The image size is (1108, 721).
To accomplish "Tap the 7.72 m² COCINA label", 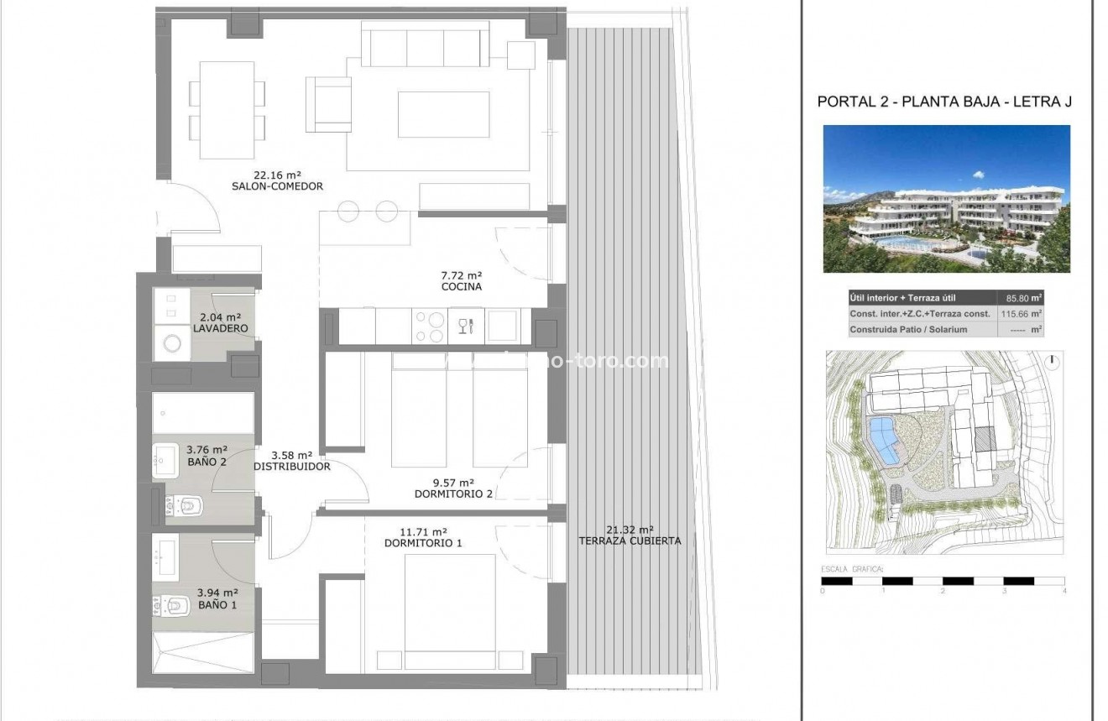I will [461, 281].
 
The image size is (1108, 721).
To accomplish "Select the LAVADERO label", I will [220, 323].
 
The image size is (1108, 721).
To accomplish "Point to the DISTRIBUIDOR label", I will [293, 461].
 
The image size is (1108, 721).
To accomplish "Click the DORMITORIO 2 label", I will [453, 489].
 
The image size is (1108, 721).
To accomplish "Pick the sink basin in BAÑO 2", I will [165, 460].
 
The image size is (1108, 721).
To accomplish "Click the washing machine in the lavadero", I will [175, 343].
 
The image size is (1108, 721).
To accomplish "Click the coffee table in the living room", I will [444, 114].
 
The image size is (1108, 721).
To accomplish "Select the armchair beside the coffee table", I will [328, 104].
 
